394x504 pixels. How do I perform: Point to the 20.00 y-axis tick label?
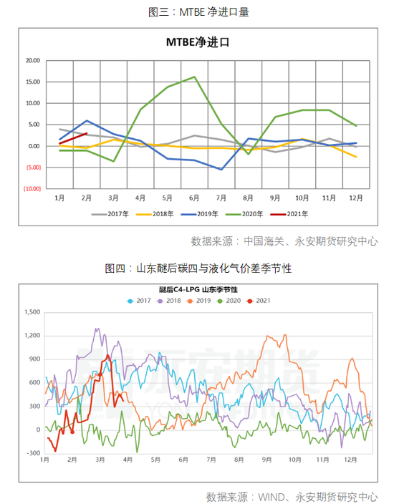[x=32, y=60]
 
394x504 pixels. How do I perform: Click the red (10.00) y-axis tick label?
[x=31, y=189]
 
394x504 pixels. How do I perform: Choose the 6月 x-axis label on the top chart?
[x=194, y=198]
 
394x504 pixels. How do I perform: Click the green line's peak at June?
[x=194, y=77]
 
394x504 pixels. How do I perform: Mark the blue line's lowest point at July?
[x=221, y=170]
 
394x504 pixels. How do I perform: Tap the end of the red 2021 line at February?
[x=87, y=133]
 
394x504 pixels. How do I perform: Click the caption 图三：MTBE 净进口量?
[x=198, y=12]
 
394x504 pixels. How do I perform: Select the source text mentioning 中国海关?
[x=284, y=241]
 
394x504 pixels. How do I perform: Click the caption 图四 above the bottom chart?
[x=198, y=268]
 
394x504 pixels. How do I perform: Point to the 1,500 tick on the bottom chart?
[x=32, y=312]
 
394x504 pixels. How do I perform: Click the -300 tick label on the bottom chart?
[x=34, y=453]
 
